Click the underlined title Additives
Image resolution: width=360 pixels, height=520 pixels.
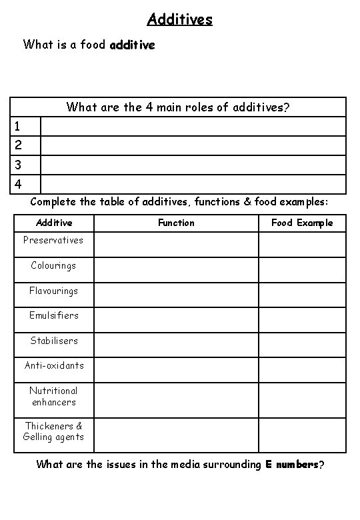[x=179, y=19]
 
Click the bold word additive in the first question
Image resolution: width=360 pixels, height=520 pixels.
[x=132, y=45]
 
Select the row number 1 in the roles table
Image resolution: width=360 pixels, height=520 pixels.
[x=18, y=126]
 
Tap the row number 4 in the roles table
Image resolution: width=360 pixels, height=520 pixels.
[x=18, y=184]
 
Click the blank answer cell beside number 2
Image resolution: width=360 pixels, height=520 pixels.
[x=193, y=145]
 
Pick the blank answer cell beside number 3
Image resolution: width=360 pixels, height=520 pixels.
[x=193, y=165]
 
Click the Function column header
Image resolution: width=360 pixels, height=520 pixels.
[x=176, y=223]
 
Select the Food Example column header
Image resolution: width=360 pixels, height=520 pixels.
[x=302, y=223]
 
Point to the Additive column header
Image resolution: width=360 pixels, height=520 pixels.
[x=54, y=223]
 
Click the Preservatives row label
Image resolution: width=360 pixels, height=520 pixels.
[x=53, y=240]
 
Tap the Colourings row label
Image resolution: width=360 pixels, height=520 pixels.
[x=53, y=265]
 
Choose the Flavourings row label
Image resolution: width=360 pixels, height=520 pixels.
[x=53, y=291]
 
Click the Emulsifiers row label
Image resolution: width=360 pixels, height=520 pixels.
[x=53, y=315]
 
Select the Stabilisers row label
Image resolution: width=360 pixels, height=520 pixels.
[x=53, y=341]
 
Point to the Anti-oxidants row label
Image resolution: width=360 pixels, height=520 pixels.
[x=53, y=365]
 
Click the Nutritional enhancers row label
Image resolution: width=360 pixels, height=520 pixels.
[x=53, y=397]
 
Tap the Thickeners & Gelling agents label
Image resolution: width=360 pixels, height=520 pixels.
[x=53, y=431]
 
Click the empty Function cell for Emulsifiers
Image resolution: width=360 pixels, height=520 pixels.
[x=176, y=320]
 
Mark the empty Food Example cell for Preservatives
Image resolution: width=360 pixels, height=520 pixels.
[x=302, y=245]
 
